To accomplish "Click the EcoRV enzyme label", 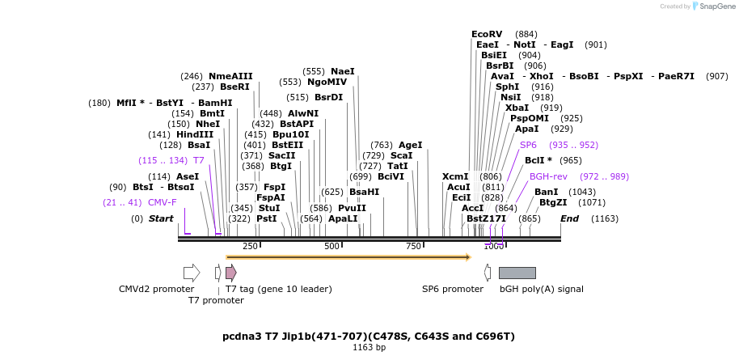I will (x=487, y=34).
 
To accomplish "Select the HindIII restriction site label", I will (x=195, y=134).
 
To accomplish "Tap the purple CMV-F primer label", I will (x=162, y=202).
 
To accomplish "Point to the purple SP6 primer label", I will (x=528, y=145).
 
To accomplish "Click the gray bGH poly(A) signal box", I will (x=517, y=273).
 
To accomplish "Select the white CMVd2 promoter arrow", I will (x=192, y=273).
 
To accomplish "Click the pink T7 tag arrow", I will (x=231, y=273).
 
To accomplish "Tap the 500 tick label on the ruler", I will (x=331, y=246).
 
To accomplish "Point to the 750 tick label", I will (x=413, y=246).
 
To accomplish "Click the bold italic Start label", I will (x=161, y=218).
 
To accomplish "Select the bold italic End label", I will (x=569, y=218).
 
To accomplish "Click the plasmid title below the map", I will (x=369, y=336).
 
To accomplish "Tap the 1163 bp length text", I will (x=369, y=348).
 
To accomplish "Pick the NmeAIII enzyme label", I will (x=230, y=76).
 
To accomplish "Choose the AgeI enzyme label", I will (x=411, y=145).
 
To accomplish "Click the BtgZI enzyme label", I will (x=555, y=202).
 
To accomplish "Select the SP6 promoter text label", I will (x=452, y=289).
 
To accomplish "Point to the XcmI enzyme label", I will (x=455, y=176).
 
